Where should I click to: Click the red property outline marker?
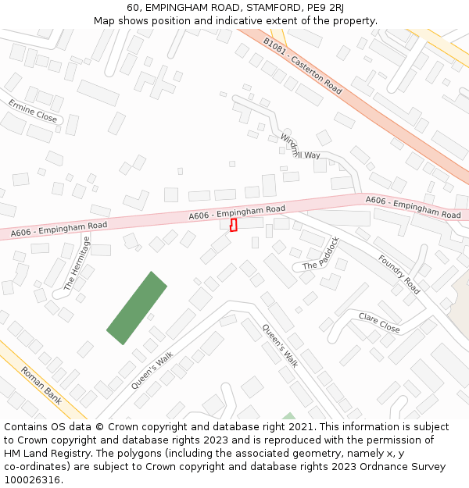tap(234, 225)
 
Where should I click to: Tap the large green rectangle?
tap(137, 308)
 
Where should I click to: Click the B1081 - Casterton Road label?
tap(303, 66)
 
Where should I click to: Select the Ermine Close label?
tap(33, 111)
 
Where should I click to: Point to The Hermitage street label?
tap(77, 264)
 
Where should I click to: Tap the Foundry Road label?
tap(399, 275)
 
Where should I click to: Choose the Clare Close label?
tap(379, 322)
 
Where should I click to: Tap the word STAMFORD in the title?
tap(265, 8)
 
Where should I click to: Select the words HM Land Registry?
tap(46, 454)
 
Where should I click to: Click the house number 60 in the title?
tap(133, 8)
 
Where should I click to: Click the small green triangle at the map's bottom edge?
tap(289, 416)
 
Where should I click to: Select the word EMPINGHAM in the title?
tap(179, 8)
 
